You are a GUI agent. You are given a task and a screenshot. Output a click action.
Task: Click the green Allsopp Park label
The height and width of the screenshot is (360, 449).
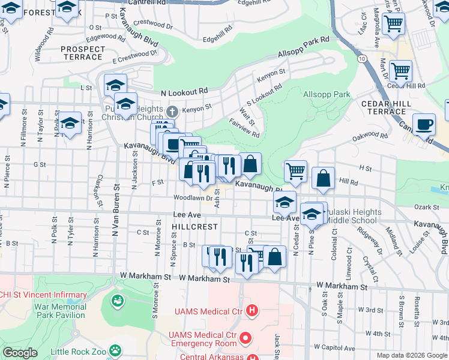[x=327, y=94]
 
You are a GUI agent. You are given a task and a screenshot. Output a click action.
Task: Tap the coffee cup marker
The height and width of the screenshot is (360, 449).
[x=424, y=125]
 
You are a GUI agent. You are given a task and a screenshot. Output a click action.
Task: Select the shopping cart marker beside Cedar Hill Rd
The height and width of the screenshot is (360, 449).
[x=400, y=70]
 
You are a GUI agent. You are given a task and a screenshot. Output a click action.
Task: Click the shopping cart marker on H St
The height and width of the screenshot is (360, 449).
[x=295, y=172]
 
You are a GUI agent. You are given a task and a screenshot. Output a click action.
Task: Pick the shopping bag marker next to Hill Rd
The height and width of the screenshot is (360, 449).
[x=323, y=178]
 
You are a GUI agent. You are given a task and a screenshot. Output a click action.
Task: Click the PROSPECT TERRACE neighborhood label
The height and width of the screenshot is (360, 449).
[x=82, y=52]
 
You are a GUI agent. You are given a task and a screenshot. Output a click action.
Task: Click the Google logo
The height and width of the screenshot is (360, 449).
[x=20, y=352]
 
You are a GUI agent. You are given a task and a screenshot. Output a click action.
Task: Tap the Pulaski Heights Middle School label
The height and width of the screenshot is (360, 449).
[x=354, y=217]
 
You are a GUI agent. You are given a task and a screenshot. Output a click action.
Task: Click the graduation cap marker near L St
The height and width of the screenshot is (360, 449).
[x=115, y=85]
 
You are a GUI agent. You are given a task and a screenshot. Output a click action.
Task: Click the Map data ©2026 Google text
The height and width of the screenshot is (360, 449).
[x=412, y=355]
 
